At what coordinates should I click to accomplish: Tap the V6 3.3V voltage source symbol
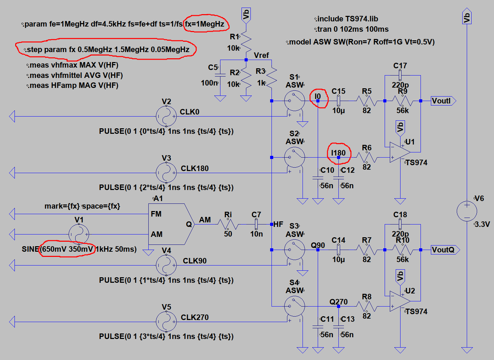click(467, 211)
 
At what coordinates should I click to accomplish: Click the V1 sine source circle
click(79, 234)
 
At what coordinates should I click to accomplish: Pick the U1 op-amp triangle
click(399, 152)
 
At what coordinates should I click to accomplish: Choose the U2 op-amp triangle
click(399, 301)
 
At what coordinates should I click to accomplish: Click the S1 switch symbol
click(294, 101)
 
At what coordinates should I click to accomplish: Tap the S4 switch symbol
click(294, 306)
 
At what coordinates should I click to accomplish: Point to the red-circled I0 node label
click(318, 97)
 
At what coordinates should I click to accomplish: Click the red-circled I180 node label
click(338, 153)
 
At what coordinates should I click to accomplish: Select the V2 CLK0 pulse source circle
click(166, 117)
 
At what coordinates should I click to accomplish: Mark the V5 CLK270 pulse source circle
click(166, 322)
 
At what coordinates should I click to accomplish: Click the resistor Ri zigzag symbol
click(228, 224)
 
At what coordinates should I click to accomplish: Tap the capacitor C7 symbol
click(256, 224)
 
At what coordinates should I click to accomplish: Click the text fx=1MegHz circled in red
click(205, 24)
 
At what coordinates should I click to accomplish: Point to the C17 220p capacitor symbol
click(400, 75)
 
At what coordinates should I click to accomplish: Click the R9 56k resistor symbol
click(403, 101)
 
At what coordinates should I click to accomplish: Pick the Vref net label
click(261, 55)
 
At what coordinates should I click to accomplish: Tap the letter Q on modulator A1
click(189, 224)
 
